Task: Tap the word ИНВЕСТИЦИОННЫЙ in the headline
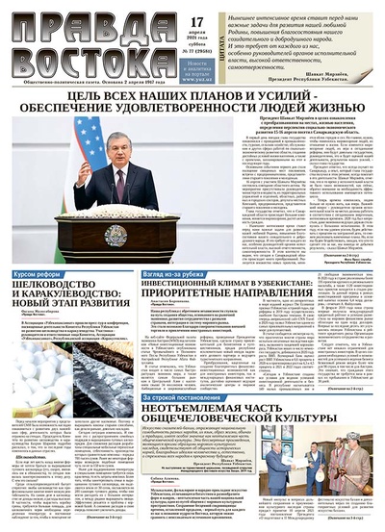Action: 192,289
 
